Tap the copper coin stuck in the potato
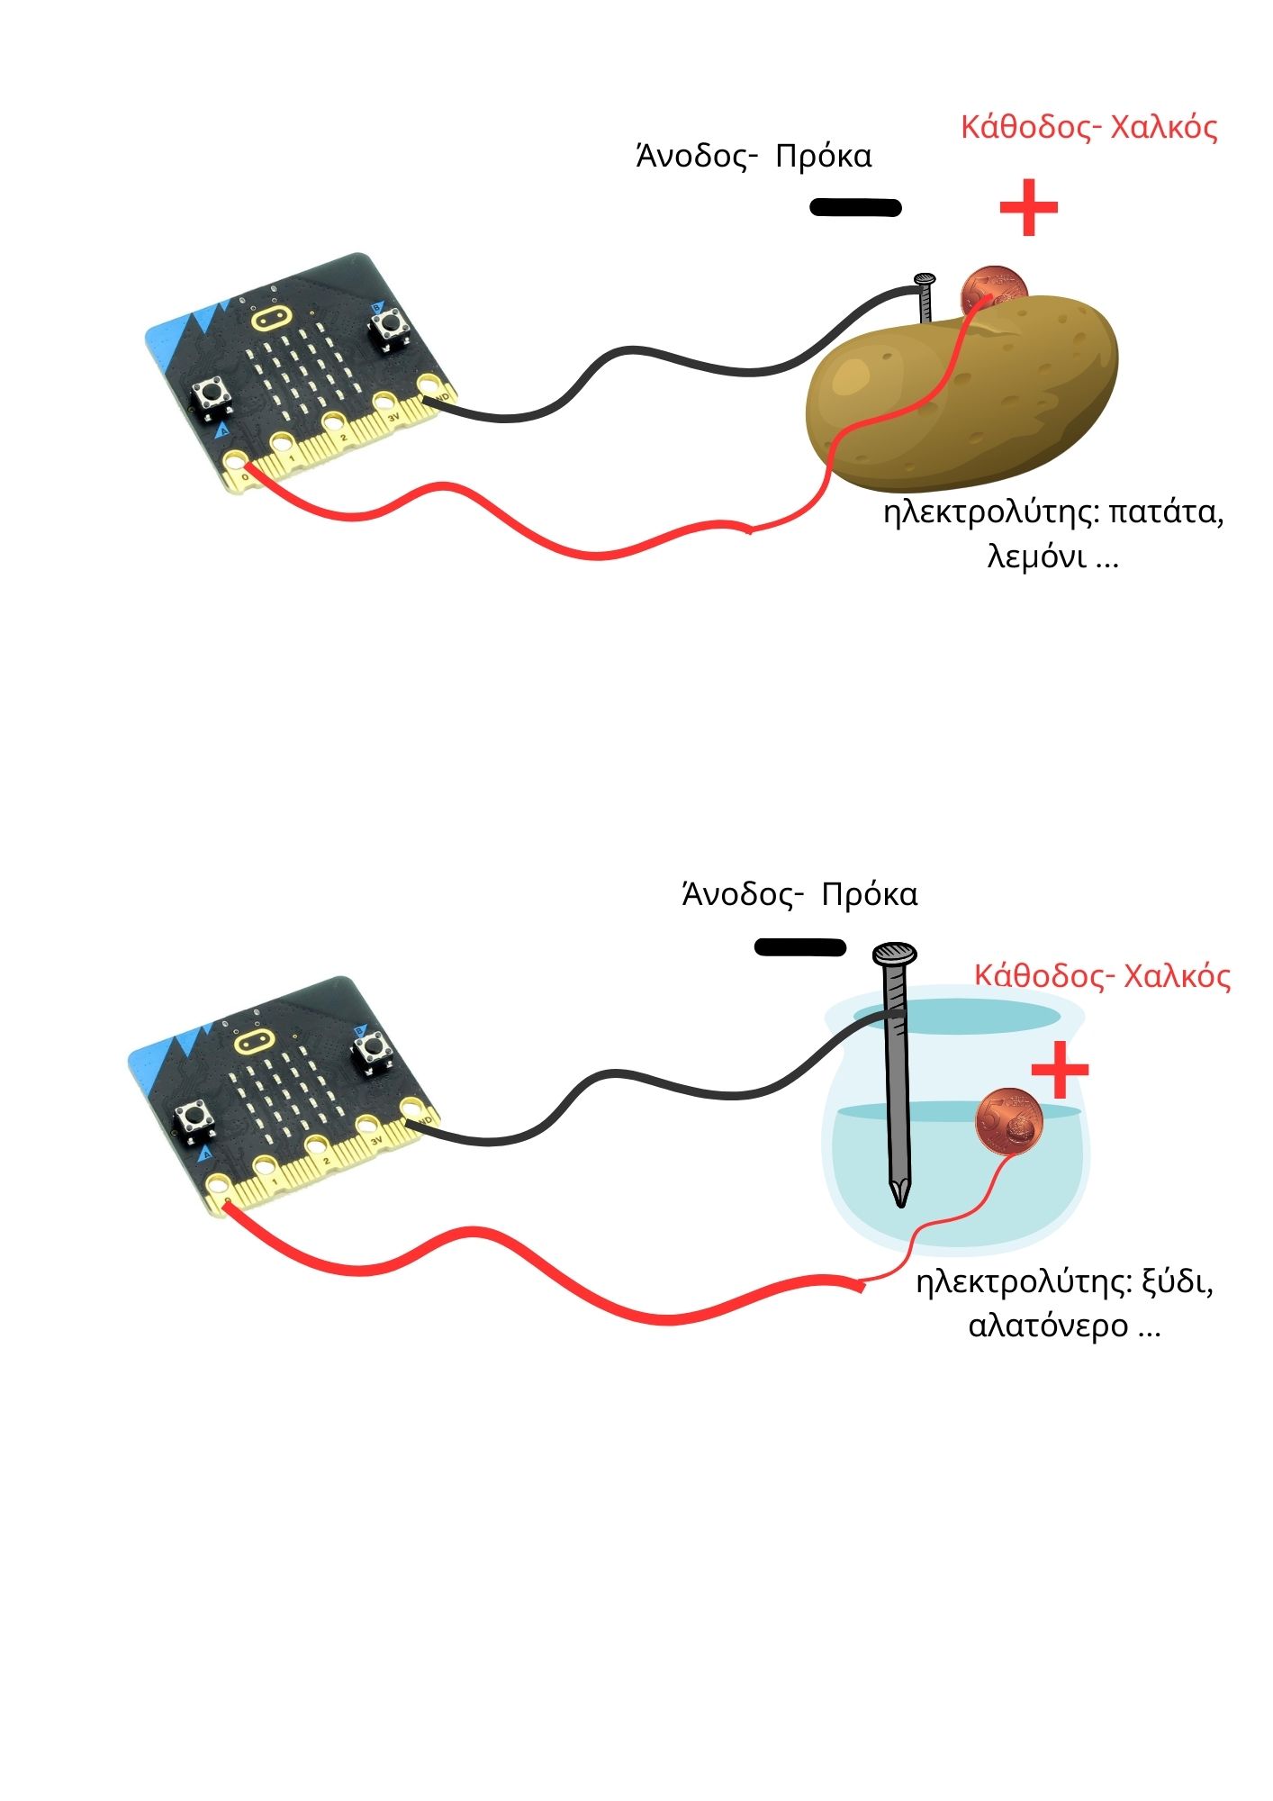tap(994, 290)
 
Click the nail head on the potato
tap(925, 280)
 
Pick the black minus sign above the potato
tap(855, 208)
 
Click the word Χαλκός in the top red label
tap(1164, 128)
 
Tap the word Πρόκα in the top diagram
tap(823, 157)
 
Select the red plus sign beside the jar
tap(1060, 1070)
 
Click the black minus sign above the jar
tap(799, 947)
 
